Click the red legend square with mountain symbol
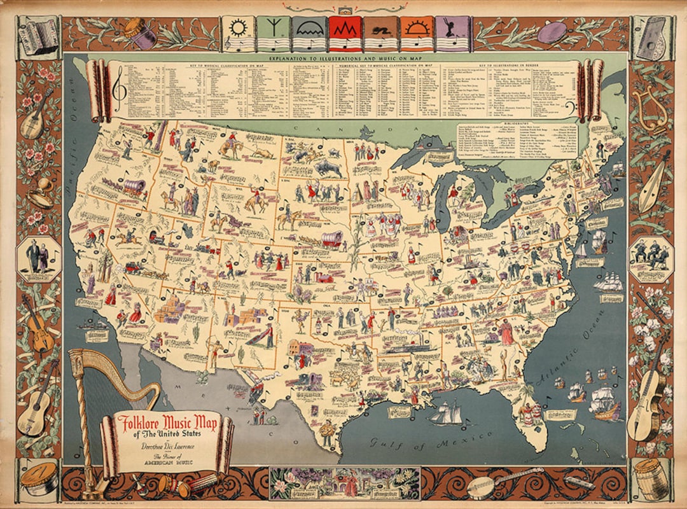coord(345,34)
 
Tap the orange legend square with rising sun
coord(417,34)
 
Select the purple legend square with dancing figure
coord(452,34)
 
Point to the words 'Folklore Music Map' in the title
coord(165,423)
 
